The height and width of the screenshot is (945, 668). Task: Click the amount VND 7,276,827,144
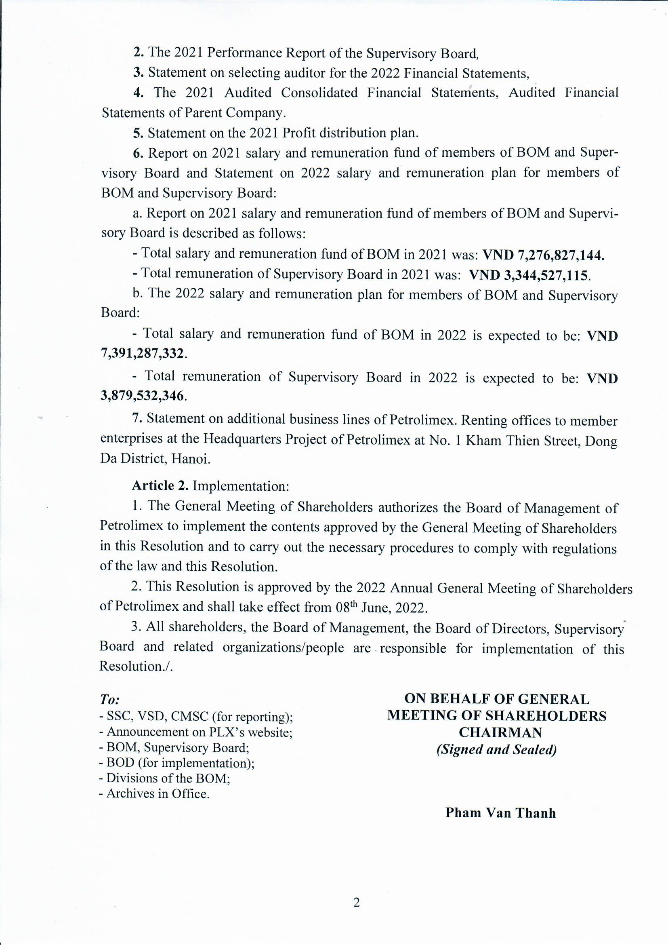point(543,255)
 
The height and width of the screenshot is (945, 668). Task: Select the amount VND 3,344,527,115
point(529,275)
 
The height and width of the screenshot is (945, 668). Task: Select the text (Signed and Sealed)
point(496,749)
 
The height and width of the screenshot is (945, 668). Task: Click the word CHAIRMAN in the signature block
point(496,732)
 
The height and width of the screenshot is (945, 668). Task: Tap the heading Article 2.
point(160,486)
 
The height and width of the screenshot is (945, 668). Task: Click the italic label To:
point(109,700)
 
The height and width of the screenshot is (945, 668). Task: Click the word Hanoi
point(191,459)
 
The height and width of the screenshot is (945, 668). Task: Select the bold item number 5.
point(138,133)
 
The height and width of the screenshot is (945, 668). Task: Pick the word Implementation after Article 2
point(241,487)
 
